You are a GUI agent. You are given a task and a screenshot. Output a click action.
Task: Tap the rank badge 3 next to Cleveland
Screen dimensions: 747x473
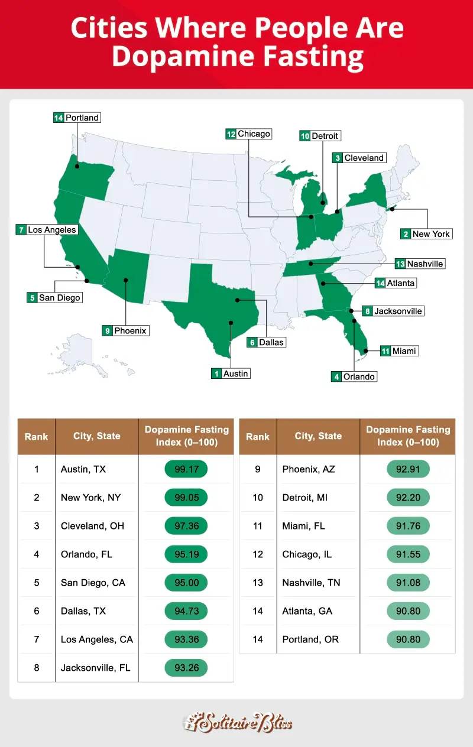[x=338, y=158]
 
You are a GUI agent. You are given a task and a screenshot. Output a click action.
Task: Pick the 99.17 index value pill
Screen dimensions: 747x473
[x=186, y=469]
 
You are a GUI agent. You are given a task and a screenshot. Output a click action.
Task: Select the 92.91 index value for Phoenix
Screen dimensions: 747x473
[x=408, y=469]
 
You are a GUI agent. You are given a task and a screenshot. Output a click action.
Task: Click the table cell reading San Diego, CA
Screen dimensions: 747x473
[x=93, y=583]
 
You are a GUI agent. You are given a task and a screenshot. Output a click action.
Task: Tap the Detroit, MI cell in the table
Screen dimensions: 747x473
[x=305, y=498]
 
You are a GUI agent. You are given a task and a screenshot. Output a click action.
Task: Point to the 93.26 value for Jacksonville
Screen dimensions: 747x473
[x=186, y=668]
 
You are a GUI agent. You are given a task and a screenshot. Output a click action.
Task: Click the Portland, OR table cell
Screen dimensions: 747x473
[x=311, y=639]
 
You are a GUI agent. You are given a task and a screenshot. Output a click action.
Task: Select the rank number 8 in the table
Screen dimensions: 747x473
[x=37, y=668]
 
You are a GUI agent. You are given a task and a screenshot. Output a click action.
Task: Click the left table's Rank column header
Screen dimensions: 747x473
[x=37, y=437]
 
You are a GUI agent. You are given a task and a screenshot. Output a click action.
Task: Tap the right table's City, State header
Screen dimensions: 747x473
[x=318, y=436]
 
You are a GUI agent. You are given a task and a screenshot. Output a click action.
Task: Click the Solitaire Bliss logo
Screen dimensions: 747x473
[x=237, y=722]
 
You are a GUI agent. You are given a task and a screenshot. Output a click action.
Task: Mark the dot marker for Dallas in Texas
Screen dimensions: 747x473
[x=237, y=300]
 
